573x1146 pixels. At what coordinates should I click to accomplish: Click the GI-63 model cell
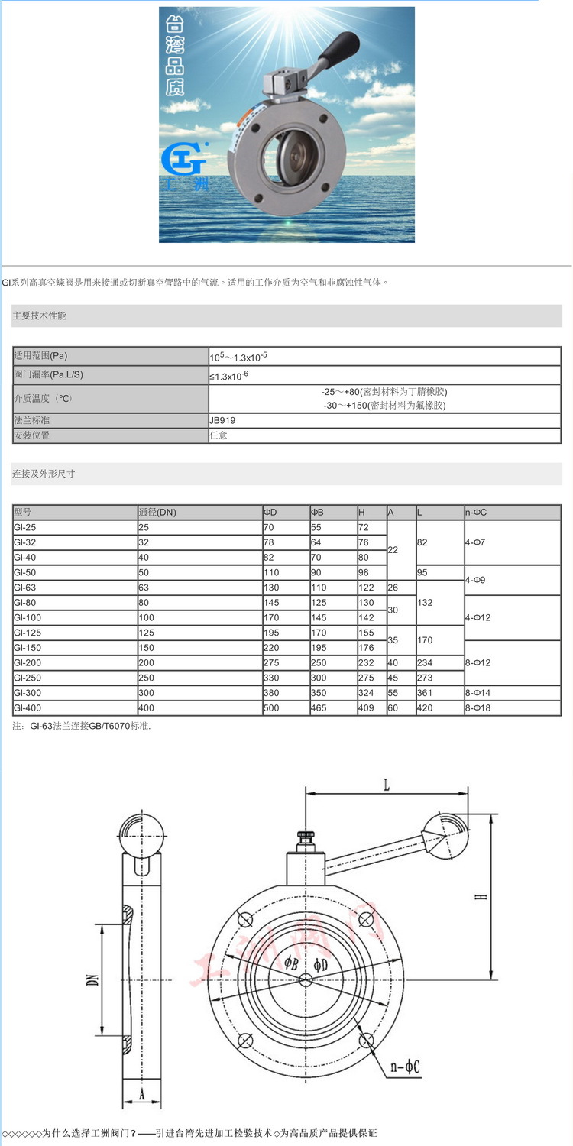coord(24,588)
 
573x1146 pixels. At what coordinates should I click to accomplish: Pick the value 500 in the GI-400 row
coord(271,708)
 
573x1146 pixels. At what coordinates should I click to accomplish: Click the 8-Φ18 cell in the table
coord(479,708)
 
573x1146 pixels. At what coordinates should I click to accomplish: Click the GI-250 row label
coord(28,678)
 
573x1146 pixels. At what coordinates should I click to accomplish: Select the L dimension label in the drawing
coord(387,785)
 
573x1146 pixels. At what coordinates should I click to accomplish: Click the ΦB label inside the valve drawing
coord(291,962)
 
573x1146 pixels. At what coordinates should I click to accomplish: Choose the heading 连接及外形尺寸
coord(44,474)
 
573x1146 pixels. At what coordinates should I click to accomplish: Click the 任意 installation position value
coord(218,435)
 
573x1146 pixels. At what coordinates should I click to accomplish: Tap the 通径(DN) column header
coord(157,513)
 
